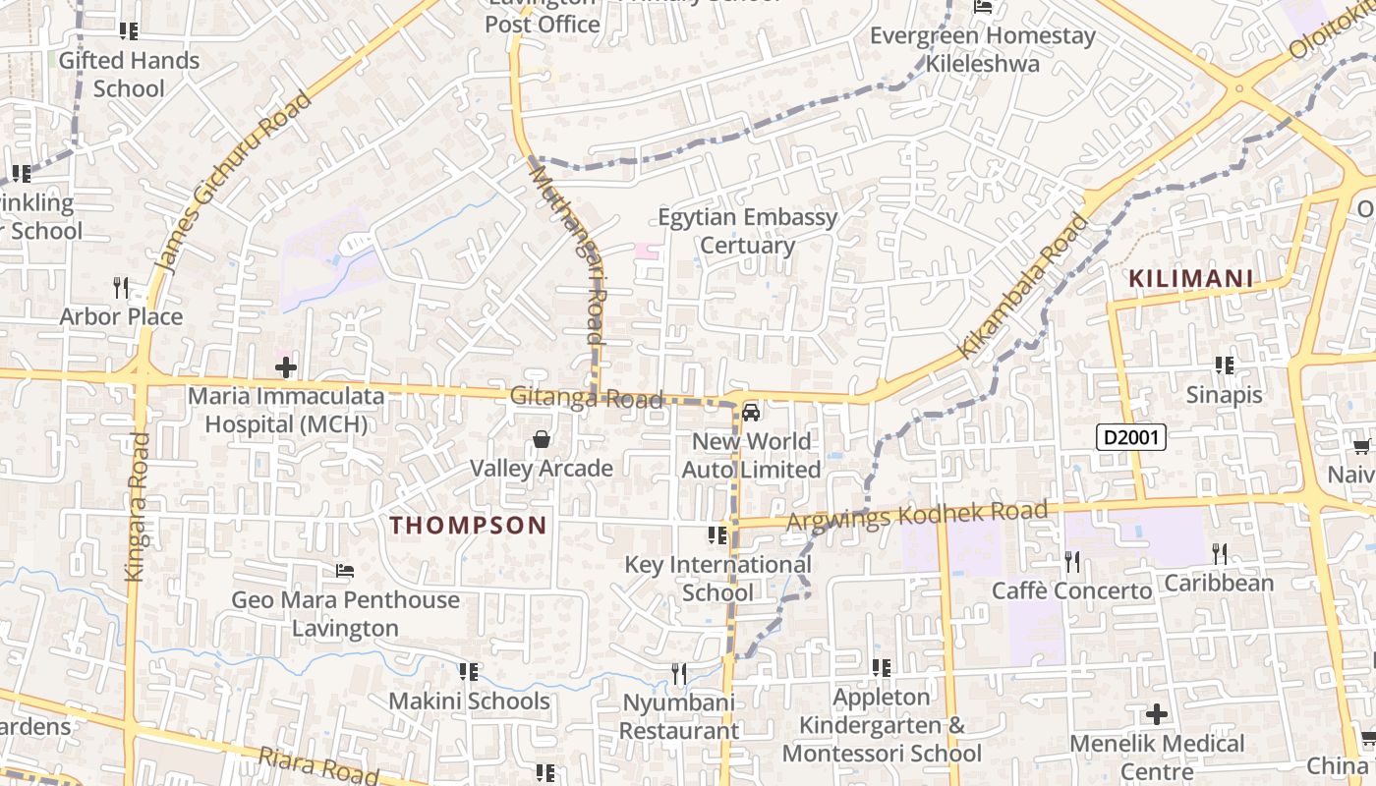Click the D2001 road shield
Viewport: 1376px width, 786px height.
point(1131,437)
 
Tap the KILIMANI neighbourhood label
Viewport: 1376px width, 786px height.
point(1191,279)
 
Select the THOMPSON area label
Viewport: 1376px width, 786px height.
point(468,526)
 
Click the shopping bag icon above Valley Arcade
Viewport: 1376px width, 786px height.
point(541,439)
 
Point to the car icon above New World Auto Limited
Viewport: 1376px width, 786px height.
point(751,413)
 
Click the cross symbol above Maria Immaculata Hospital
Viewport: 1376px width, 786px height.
point(286,368)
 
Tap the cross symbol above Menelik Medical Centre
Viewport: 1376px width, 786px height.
point(1157,713)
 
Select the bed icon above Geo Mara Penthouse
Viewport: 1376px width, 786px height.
point(345,571)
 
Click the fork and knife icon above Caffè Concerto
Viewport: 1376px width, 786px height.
point(1072,561)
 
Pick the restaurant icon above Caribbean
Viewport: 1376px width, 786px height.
point(1220,554)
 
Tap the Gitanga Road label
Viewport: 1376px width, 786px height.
point(587,399)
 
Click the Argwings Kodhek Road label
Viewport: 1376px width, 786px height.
point(918,516)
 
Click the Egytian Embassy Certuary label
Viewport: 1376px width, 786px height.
point(747,231)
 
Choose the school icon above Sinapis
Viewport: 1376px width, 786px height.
point(1224,365)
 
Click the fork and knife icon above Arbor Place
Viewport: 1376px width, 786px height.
point(121,287)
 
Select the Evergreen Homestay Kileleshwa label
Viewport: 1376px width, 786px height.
point(983,50)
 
